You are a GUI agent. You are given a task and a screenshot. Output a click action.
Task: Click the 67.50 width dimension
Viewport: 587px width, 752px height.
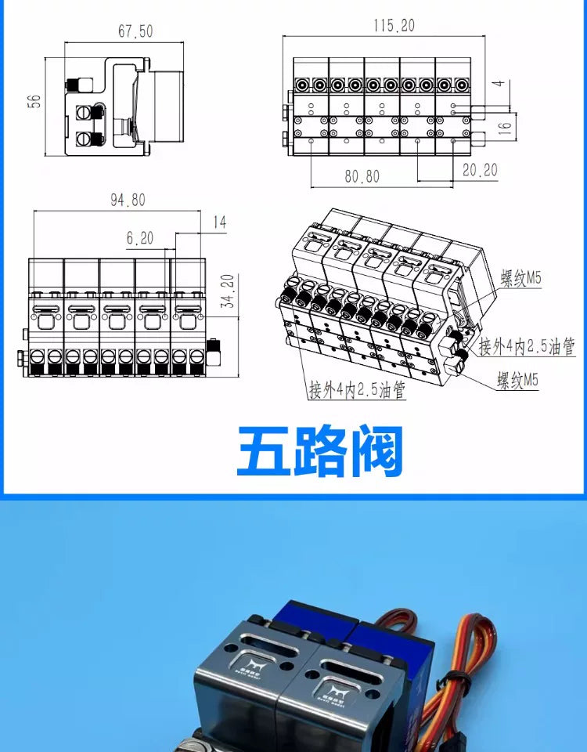point(135,31)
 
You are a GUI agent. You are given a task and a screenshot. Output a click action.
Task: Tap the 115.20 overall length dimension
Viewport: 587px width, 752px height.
point(393,26)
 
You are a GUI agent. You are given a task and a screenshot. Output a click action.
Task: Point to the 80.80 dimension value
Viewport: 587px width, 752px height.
point(362,176)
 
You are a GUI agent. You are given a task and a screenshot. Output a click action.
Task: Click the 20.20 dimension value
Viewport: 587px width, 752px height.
point(479,170)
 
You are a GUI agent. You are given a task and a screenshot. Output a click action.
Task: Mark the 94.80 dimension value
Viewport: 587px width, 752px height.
point(127,200)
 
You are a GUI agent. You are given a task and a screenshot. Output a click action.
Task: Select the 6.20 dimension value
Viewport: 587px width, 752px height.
point(139,237)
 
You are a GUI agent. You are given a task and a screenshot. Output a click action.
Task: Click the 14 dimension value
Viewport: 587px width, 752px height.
point(218,222)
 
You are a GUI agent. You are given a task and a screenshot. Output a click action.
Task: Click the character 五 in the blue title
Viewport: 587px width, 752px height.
point(264,452)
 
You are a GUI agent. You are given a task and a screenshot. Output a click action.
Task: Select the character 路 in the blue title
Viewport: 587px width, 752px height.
point(320,452)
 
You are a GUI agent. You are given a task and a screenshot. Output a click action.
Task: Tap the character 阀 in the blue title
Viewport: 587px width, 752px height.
point(376,452)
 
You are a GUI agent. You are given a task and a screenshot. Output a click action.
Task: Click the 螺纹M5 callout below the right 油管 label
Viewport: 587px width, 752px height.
point(518,381)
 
